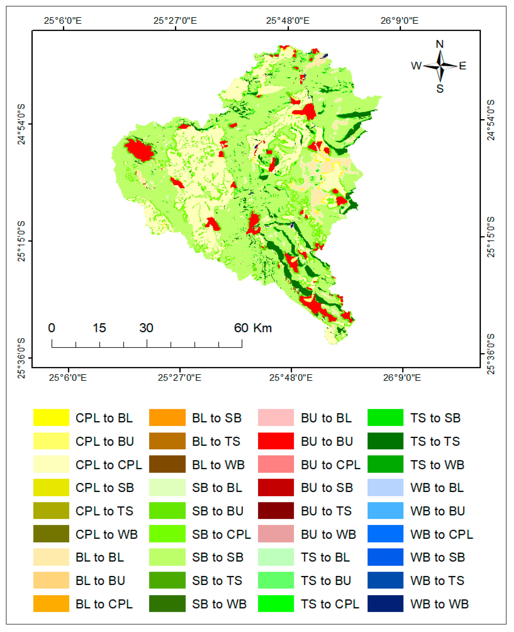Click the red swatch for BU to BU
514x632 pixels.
[x=276, y=441]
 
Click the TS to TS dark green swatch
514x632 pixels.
[x=385, y=441]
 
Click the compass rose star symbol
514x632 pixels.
[x=440, y=66]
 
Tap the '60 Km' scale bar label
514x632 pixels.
[x=253, y=328]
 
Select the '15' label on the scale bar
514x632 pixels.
[x=99, y=328]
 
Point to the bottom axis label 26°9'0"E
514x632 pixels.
[x=402, y=378]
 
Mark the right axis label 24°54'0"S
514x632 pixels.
[x=491, y=120]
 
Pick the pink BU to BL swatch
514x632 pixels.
[x=276, y=418]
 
